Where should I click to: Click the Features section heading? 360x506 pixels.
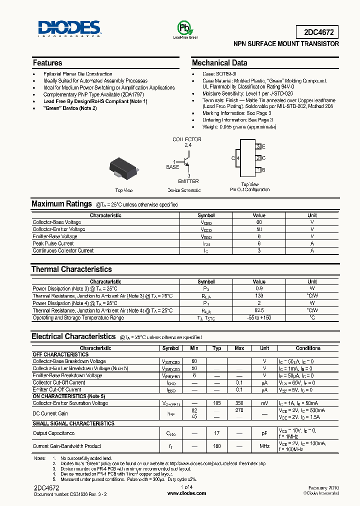pyautogui.click(x=47, y=63)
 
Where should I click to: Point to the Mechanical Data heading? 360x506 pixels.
pyautogui.click(x=219, y=63)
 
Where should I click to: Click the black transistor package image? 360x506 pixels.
pyautogui.click(x=123, y=168)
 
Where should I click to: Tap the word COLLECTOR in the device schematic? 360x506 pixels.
pyautogui.click(x=187, y=139)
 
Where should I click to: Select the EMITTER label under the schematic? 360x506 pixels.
pyautogui.click(x=188, y=181)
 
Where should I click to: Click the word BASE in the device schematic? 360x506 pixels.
pyautogui.click(x=172, y=167)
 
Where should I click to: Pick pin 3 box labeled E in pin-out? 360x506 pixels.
pyautogui.click(x=258, y=146)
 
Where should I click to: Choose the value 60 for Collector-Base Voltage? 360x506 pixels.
pyautogui.click(x=259, y=222)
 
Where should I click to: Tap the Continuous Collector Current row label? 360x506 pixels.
pyautogui.click(x=63, y=250)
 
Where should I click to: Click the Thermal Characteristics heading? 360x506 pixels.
pyautogui.click(x=71, y=269)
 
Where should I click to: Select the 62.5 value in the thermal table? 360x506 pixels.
pyautogui.click(x=259, y=310)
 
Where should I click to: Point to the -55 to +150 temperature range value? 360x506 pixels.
pyautogui.click(x=259, y=317)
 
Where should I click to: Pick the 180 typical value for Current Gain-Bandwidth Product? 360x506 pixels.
pyautogui.click(x=217, y=446)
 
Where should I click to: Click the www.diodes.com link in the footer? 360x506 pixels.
pyautogui.click(x=186, y=493)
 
